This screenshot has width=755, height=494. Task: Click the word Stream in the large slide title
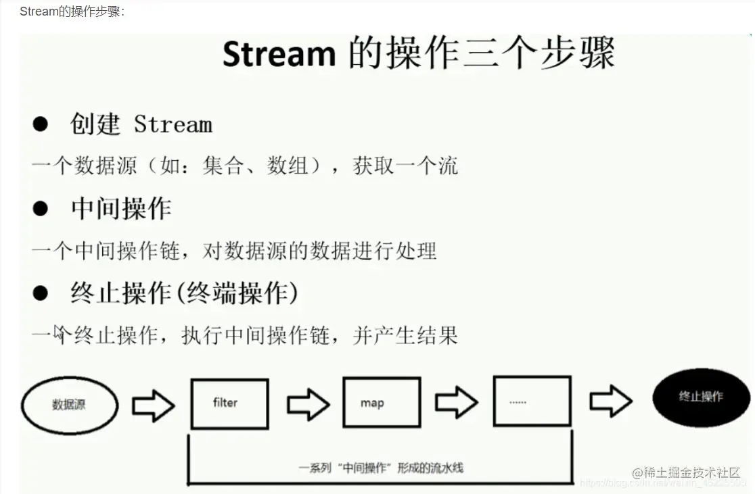[279, 53]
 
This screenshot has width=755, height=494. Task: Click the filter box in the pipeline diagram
[229, 403]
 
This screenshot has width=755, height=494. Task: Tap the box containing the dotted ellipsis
[532, 401]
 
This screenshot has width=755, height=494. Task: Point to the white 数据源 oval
[70, 405]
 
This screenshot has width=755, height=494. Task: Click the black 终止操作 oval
[701, 397]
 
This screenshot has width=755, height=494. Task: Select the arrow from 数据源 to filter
[153, 405]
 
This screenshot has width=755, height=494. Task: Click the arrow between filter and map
[308, 405]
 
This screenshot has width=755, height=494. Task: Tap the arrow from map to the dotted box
[456, 403]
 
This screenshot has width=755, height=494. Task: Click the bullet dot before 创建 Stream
[41, 124]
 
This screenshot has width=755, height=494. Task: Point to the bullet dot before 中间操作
[41, 209]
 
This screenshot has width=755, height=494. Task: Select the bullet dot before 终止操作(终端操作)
[41, 293]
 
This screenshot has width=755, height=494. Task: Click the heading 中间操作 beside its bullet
[121, 209]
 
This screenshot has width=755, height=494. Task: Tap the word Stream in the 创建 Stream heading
[173, 124]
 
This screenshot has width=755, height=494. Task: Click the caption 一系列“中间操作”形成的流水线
[381, 468]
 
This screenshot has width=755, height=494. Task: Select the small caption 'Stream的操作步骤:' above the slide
[72, 11]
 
